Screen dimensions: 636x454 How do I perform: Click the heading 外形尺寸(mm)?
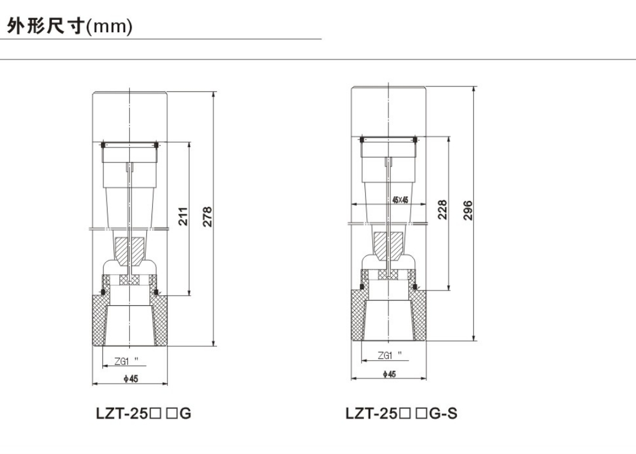pyautogui.click(x=70, y=26)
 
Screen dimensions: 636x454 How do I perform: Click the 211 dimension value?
pyautogui.click(x=183, y=216)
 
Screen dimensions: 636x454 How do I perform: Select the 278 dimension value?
pyautogui.click(x=207, y=216)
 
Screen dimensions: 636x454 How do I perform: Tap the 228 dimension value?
pyautogui.click(x=442, y=210)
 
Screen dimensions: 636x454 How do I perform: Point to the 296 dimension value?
pyautogui.click(x=467, y=210)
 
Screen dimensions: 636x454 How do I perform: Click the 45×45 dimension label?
pyautogui.click(x=400, y=200)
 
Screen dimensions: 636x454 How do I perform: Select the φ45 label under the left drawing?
pyautogui.click(x=131, y=379)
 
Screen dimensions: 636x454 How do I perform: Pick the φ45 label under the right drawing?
pyautogui.click(x=389, y=374)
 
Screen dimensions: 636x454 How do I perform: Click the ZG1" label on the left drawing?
pyautogui.click(x=126, y=361)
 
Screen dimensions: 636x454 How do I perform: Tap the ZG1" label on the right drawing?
pyautogui.click(x=390, y=356)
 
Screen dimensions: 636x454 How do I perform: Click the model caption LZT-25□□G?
pyautogui.click(x=143, y=414)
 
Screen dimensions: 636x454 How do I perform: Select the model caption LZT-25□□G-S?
pyautogui.click(x=401, y=414)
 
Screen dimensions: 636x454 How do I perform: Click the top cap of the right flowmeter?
pyautogui.click(x=389, y=111)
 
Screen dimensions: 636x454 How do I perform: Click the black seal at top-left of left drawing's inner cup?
pyautogui.click(x=104, y=145)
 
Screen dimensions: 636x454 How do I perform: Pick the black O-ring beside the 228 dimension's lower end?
pyautogui.click(x=415, y=287)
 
